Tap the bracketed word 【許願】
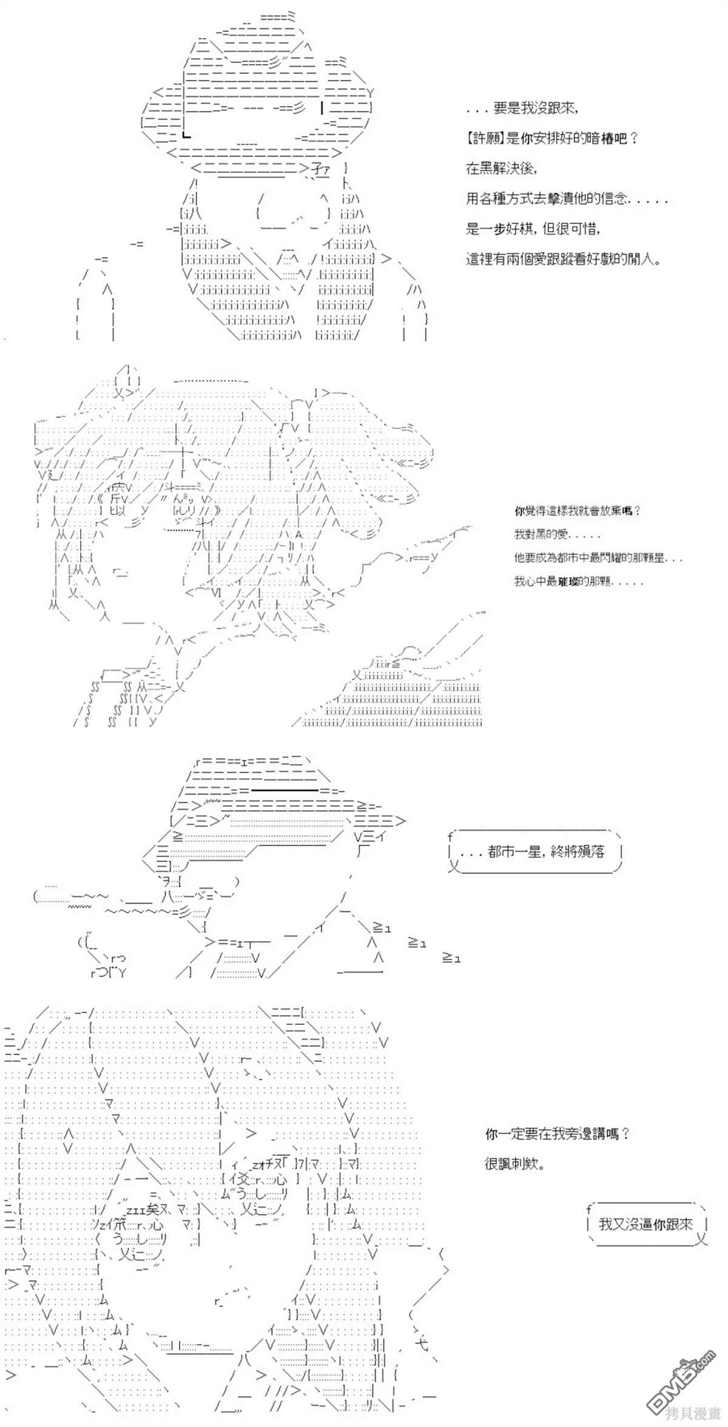(x=485, y=139)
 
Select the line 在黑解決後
(x=501, y=169)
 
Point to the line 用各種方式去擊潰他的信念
(x=567, y=198)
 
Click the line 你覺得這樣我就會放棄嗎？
(x=577, y=511)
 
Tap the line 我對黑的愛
(x=557, y=535)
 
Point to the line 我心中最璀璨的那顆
(x=578, y=582)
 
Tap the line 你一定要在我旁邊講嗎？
(x=557, y=1133)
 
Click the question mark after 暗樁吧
(x=633, y=139)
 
